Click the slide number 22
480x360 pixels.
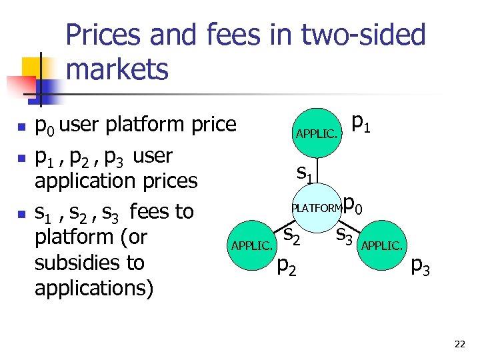pyautogui.click(x=459, y=344)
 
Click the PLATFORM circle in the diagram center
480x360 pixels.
pyautogui.click(x=316, y=207)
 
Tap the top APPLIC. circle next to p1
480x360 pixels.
pyautogui.click(x=316, y=133)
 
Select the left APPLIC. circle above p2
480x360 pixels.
pyautogui.click(x=251, y=245)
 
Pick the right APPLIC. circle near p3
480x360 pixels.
pyautogui.click(x=381, y=245)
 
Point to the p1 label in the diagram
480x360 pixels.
pyautogui.click(x=361, y=123)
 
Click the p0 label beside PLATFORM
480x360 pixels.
pyautogui.click(x=353, y=205)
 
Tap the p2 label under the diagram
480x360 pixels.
pyautogui.click(x=287, y=267)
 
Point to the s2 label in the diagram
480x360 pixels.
pyautogui.click(x=293, y=235)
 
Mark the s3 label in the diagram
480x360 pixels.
pyautogui.click(x=345, y=235)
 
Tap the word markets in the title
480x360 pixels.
pyautogui.click(x=117, y=69)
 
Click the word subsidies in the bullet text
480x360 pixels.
pyautogui.click(x=89, y=263)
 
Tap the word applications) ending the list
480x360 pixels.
pyautogui.click(x=94, y=288)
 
